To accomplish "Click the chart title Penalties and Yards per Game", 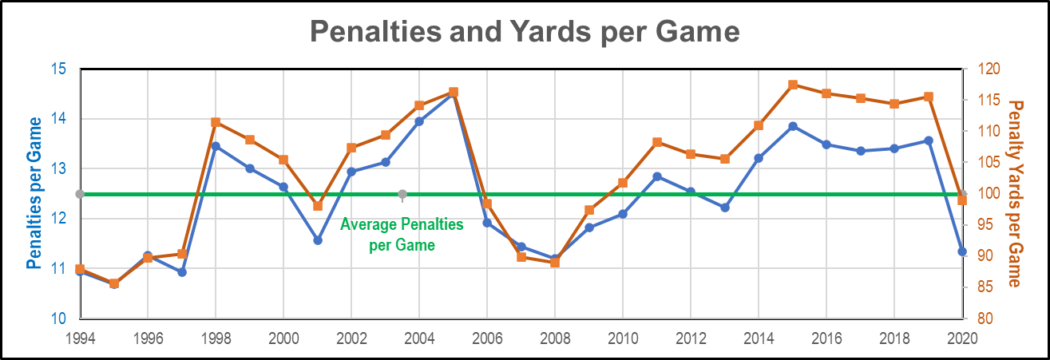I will (525, 32).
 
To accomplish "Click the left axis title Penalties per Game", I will (34, 192).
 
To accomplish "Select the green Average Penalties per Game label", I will (402, 235).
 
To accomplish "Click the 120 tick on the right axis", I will (982, 69).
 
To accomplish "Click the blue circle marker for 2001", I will (318, 239).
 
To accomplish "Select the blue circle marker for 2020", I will (962, 251).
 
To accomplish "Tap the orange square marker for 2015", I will (793, 85).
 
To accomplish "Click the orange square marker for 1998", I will (216, 122).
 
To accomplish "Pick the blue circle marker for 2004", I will (419, 121).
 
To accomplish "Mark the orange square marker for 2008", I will (555, 262).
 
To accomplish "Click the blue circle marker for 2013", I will (725, 208).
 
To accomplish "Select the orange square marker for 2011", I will (657, 142).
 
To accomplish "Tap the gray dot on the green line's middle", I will (402, 194).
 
